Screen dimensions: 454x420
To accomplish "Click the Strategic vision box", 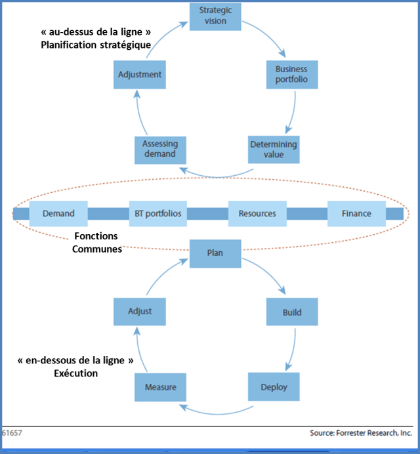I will point(215,16).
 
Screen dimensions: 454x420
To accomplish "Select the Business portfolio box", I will point(291,75).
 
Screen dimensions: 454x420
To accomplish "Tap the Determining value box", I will point(274,150).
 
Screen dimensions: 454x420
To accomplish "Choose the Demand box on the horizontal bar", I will point(58,213).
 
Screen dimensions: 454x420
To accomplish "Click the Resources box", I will point(257,213).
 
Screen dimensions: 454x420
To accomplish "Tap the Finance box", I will point(357,213).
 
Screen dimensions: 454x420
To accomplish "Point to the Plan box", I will point(215,253).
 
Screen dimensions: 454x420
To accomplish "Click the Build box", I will point(292,312).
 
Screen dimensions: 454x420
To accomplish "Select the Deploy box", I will point(274,386).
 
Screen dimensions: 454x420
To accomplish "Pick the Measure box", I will point(160,386).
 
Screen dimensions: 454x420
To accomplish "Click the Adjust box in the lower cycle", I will point(139,312).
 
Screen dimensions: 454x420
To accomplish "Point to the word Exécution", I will point(76,373).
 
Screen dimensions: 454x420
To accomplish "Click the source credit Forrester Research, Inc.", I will point(361,434).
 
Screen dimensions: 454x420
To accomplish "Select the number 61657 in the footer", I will point(12,434).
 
